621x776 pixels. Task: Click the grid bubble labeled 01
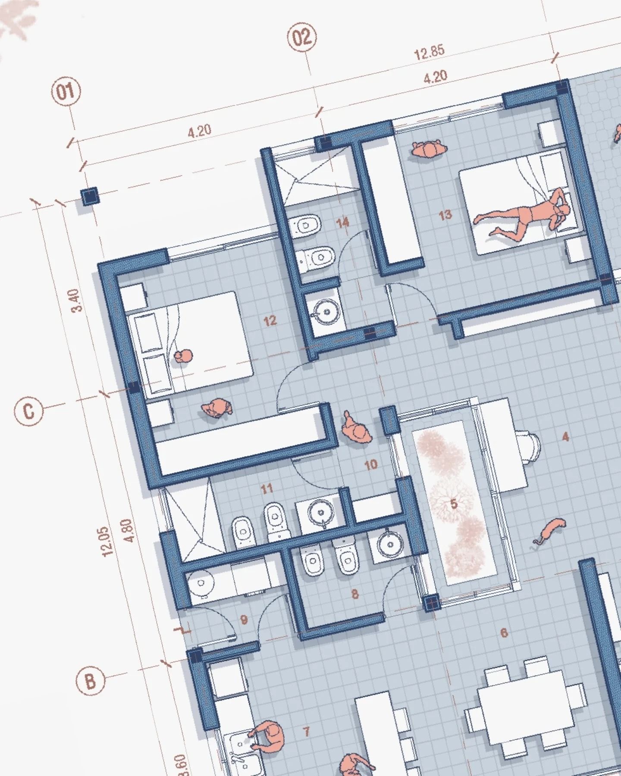click(x=66, y=91)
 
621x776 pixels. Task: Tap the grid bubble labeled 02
click(x=301, y=38)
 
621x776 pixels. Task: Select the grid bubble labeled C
click(x=29, y=411)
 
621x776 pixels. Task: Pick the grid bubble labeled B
click(x=90, y=682)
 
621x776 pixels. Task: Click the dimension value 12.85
click(x=429, y=52)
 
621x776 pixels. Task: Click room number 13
click(x=445, y=214)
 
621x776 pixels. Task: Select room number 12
click(x=270, y=321)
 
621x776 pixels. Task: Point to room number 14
click(x=343, y=223)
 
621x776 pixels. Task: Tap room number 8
click(x=355, y=595)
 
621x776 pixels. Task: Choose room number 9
click(x=244, y=620)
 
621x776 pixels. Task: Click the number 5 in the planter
click(x=453, y=504)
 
